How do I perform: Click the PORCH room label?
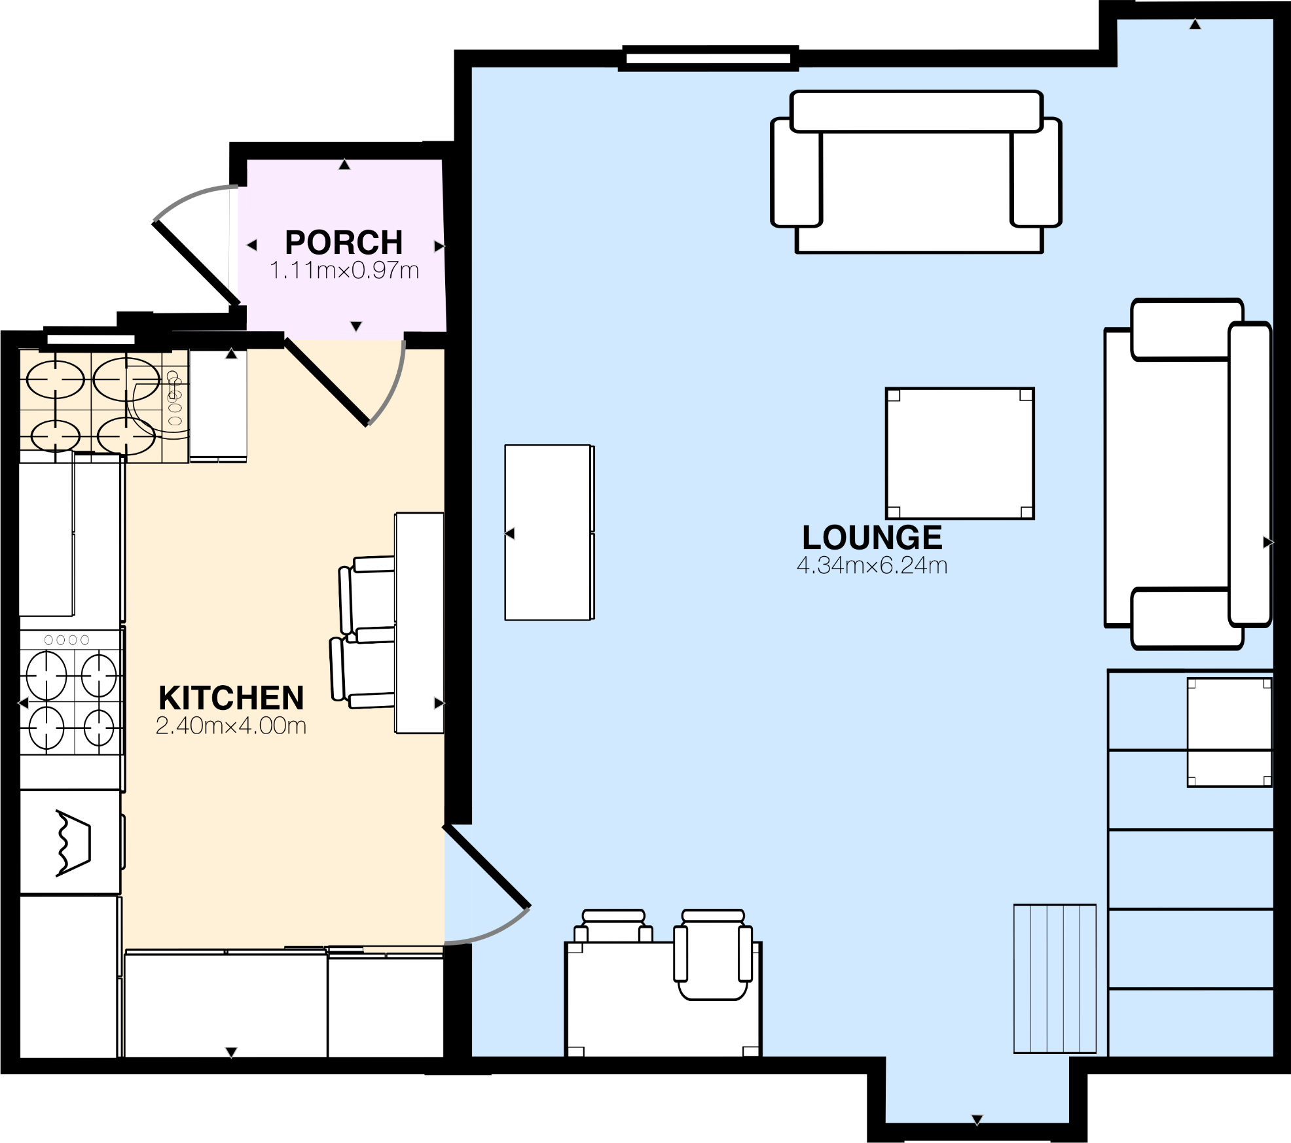pyautogui.click(x=344, y=243)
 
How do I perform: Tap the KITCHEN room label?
pyautogui.click(x=231, y=698)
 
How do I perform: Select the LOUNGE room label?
pyautogui.click(x=872, y=538)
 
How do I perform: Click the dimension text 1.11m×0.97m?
pyautogui.click(x=344, y=270)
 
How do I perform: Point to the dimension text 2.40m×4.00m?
pyautogui.click(x=231, y=726)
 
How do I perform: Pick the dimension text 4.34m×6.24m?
pyautogui.click(x=872, y=565)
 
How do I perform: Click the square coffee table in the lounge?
pyautogui.click(x=960, y=453)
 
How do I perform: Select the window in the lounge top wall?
pyautogui.click(x=708, y=58)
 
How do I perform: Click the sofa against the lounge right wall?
pyautogui.click(x=1186, y=474)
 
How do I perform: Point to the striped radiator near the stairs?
pyautogui.click(x=1055, y=979)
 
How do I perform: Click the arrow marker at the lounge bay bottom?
pyautogui.click(x=977, y=1120)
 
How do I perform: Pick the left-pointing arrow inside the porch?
pyautogui.click(x=251, y=245)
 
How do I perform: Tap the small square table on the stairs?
pyautogui.click(x=1229, y=732)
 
